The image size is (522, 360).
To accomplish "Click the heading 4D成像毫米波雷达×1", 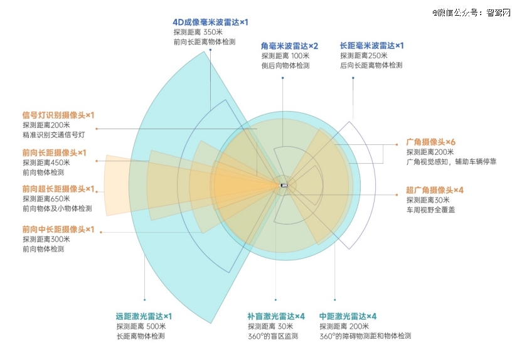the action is (x=210, y=23).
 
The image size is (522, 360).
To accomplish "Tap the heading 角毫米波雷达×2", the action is (x=289, y=46).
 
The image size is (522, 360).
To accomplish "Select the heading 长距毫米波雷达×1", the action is (x=371, y=46).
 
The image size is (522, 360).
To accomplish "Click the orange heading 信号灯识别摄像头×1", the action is (x=58, y=115).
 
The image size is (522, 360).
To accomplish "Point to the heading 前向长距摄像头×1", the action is (x=54, y=152).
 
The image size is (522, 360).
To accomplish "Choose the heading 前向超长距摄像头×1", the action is (x=58, y=189).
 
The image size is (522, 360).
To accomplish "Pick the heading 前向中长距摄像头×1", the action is (x=58, y=230).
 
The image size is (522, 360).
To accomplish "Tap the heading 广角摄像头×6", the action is (x=430, y=142).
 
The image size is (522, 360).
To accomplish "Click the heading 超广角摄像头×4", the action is (x=434, y=190).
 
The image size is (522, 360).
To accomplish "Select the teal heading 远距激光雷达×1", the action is (x=144, y=316).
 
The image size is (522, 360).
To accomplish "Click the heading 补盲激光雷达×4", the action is (x=276, y=316).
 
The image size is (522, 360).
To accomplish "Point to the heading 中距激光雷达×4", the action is (x=348, y=316).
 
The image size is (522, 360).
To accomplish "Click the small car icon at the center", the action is (x=284, y=185).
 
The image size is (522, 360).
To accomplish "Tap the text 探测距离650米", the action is (x=46, y=199).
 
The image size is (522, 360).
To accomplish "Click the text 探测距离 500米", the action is (x=141, y=326).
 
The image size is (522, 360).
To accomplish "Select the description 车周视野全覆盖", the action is (x=430, y=209).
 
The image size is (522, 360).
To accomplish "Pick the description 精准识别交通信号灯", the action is (x=53, y=135).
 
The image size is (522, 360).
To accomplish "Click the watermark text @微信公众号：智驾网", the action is (x=471, y=13).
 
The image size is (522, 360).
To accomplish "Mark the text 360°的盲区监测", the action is (x=273, y=336).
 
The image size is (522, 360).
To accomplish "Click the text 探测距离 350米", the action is (x=198, y=32).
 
